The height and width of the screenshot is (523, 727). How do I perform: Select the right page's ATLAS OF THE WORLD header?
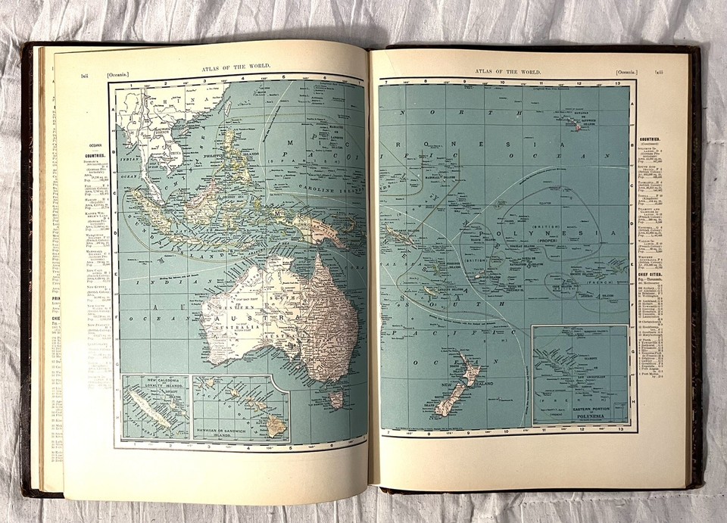[x=509, y=72]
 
